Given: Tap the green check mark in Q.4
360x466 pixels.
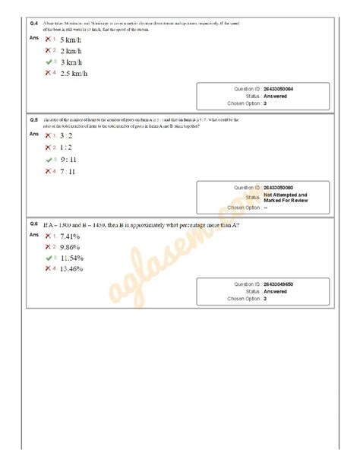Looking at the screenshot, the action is pyautogui.click(x=47, y=61).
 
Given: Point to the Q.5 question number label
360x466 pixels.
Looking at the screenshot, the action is pyautogui.click(x=34, y=120).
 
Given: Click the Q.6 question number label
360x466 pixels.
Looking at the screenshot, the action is pyautogui.click(x=34, y=223).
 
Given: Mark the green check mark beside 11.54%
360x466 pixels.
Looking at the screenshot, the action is pyautogui.click(x=47, y=258).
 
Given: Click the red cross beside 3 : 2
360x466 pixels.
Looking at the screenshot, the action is pyautogui.click(x=47, y=135).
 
